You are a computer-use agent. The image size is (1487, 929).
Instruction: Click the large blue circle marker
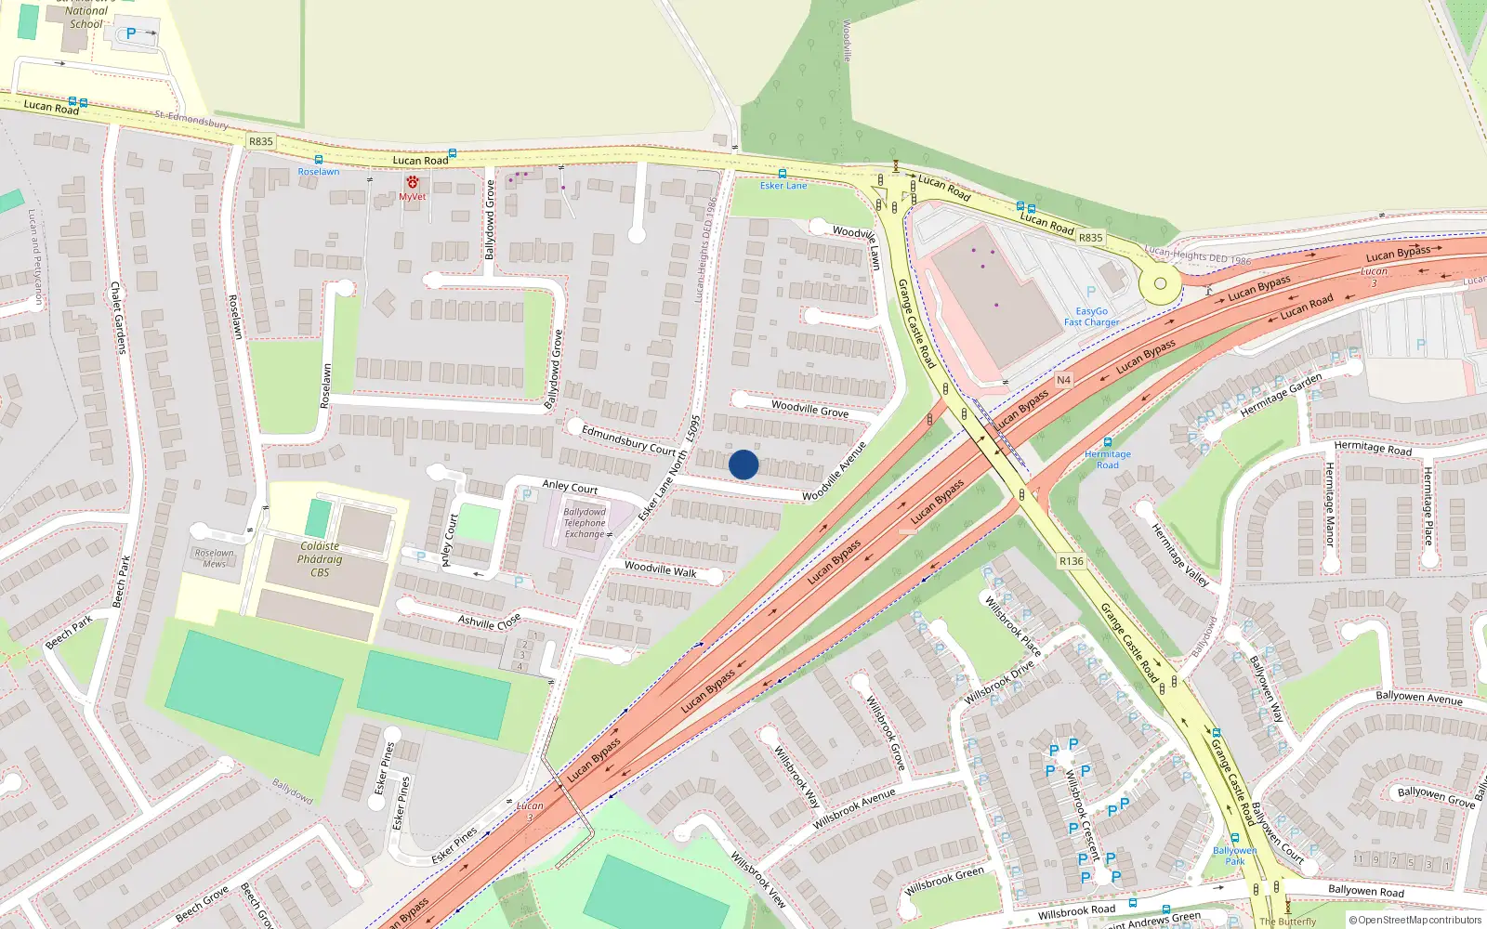pos(743,464)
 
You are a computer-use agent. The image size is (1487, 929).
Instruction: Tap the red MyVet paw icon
pos(412,182)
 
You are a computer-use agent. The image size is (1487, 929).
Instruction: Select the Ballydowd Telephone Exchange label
pos(585,523)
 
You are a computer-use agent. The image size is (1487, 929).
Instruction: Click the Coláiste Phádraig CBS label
pos(320,559)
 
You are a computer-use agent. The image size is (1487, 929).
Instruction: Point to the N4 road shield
pos(1063,380)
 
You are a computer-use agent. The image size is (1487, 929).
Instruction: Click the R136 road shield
pos(1071,561)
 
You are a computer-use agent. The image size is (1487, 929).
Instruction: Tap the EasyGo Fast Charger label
pos(1091,317)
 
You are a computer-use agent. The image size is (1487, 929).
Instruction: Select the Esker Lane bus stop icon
pos(782,174)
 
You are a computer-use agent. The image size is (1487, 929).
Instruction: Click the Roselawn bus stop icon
pos(319,160)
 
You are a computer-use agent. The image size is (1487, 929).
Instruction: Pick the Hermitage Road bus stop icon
pos(1108,442)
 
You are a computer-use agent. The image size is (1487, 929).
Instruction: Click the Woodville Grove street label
pos(809,409)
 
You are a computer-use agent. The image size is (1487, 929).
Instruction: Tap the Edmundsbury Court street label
pos(628,439)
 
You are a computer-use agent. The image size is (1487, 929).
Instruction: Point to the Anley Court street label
pos(570,487)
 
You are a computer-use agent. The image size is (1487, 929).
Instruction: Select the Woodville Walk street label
pos(660,569)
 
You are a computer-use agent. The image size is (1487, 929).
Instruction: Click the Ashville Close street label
pos(489,622)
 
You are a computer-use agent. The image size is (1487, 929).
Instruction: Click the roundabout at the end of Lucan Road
pos(1160,284)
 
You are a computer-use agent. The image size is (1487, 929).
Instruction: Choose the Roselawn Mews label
pos(215,558)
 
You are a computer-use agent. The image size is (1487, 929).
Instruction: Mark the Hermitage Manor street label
pos(1329,504)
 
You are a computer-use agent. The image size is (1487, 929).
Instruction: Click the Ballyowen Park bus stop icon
pos(1234,838)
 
